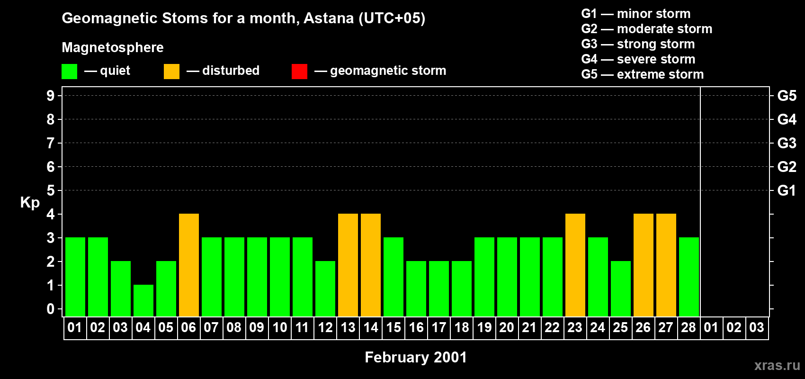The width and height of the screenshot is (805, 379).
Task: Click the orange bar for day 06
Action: point(189,265)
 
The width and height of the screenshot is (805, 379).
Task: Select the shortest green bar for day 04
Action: point(143,301)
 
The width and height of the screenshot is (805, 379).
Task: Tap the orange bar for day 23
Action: point(575,265)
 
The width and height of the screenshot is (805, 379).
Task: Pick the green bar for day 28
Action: point(689,277)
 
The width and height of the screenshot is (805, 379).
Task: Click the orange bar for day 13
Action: point(348,265)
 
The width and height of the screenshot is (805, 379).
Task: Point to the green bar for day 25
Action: point(621,289)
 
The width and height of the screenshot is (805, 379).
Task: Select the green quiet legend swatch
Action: point(69,71)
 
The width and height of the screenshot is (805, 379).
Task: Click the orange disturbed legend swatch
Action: point(171,71)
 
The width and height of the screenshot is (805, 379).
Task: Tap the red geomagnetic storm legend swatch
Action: point(300,71)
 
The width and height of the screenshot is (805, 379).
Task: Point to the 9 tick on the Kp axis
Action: point(50,96)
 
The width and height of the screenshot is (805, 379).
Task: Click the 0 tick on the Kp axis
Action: point(50,309)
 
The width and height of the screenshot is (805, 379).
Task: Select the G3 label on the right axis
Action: point(787,143)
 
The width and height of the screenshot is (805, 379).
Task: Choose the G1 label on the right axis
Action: point(787,190)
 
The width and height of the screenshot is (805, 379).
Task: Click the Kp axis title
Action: point(30,203)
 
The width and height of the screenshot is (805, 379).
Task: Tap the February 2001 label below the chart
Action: point(416,357)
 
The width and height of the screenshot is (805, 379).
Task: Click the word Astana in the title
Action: point(329,18)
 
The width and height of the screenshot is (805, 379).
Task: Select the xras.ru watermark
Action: point(777,366)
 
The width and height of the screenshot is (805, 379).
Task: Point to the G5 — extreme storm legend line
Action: point(642,74)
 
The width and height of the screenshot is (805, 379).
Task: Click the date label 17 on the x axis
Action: point(439,327)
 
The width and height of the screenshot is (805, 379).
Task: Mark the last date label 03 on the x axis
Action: point(757,327)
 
